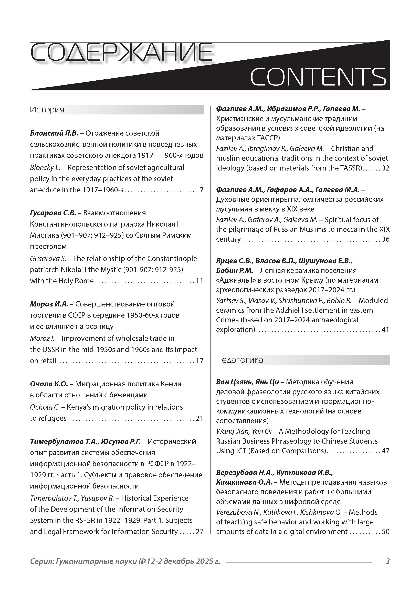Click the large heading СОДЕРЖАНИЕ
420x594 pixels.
(121, 54)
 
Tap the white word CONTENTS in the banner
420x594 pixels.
(318, 77)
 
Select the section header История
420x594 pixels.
(47, 110)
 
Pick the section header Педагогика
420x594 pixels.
(239, 360)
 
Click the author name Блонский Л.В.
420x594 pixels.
(54, 133)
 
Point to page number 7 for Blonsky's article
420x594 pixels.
(201, 190)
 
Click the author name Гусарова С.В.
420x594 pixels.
(53, 213)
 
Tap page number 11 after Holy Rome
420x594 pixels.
(199, 281)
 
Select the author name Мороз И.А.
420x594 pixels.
(49, 304)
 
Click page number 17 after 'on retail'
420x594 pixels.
(199, 361)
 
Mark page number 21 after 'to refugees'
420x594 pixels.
(199, 418)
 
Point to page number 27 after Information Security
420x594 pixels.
(199, 532)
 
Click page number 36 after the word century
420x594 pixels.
(386, 239)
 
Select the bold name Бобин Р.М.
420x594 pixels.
(234, 271)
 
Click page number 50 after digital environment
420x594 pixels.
(386, 532)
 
